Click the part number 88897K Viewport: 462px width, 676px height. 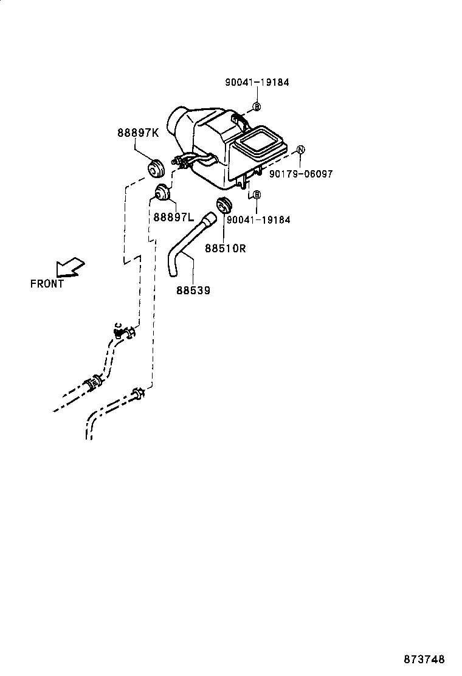(x=137, y=134)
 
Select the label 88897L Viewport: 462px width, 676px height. (x=173, y=217)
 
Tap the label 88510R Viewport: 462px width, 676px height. (x=225, y=248)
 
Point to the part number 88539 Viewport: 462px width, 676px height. (x=193, y=291)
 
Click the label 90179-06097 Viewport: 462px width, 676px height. (x=302, y=174)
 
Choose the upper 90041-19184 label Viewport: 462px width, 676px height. (x=257, y=83)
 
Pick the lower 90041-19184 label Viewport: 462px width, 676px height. (x=258, y=219)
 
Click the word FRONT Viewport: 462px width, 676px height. (x=47, y=283)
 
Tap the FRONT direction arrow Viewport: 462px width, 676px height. (x=70, y=267)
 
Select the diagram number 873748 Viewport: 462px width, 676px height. (x=425, y=660)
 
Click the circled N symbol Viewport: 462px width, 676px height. (x=300, y=150)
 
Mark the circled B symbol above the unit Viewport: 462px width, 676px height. (x=257, y=107)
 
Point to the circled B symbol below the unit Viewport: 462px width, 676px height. (x=257, y=195)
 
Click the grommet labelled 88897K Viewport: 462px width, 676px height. (x=157, y=167)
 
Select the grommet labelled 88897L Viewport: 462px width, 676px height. (x=160, y=192)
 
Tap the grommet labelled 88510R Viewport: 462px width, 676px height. (x=224, y=205)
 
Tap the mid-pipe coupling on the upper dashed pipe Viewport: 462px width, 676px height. (x=94, y=382)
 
